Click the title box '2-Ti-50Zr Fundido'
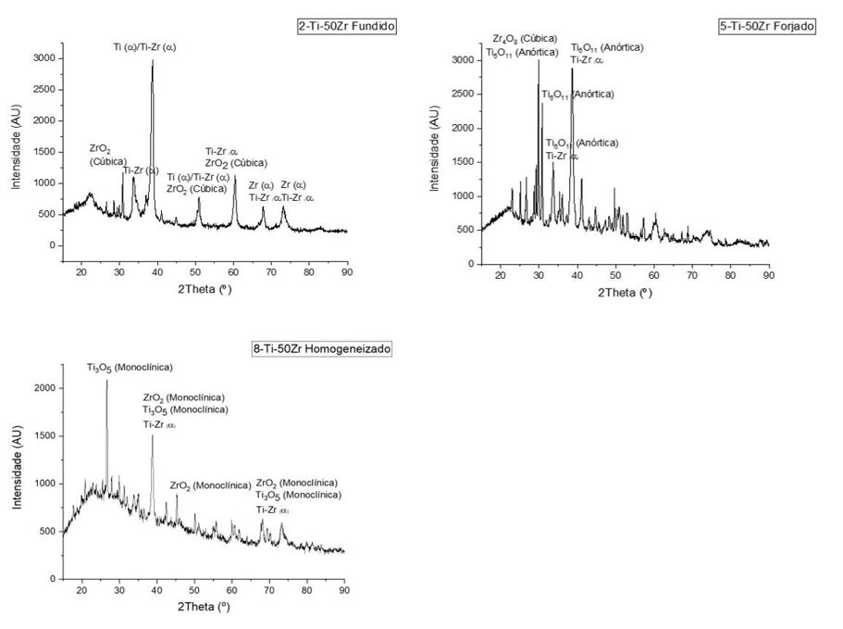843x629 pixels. [x=341, y=26]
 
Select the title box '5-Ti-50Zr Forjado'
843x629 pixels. [x=766, y=26]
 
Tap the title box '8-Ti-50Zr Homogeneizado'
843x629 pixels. [x=322, y=348]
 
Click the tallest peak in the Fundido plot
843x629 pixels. [x=153, y=61]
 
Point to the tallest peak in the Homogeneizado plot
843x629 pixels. [x=106, y=382]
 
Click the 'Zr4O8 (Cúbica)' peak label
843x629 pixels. [x=525, y=39]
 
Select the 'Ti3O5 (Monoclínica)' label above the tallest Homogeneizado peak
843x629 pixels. [x=130, y=368]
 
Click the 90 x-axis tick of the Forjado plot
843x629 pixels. [x=768, y=275]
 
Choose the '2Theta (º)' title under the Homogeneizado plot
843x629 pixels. [x=202, y=608]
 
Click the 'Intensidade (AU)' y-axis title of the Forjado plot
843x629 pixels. [x=435, y=148]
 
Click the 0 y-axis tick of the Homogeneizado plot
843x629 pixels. [x=55, y=578]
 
